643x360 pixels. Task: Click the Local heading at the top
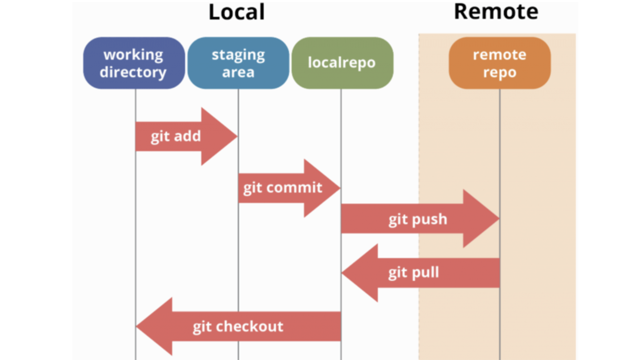pyautogui.click(x=236, y=12)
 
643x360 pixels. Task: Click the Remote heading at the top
pyautogui.click(x=496, y=12)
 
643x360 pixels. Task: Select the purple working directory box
pyautogui.click(x=134, y=63)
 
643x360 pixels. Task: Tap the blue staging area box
pyautogui.click(x=238, y=63)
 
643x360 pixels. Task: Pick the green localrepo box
pyautogui.click(x=342, y=63)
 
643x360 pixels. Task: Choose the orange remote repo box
pyautogui.click(x=499, y=63)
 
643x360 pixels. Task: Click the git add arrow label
pyautogui.click(x=176, y=136)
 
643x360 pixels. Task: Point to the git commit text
pyautogui.click(x=282, y=188)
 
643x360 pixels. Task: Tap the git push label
pyautogui.click(x=418, y=219)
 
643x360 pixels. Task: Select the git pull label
pyautogui.click(x=414, y=273)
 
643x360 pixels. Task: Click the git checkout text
pyautogui.click(x=238, y=326)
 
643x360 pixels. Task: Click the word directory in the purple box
pyautogui.click(x=133, y=72)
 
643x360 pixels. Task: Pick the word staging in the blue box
pyautogui.click(x=238, y=55)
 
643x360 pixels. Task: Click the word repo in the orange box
pyautogui.click(x=499, y=72)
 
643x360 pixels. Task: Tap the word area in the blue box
pyautogui.click(x=238, y=72)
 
